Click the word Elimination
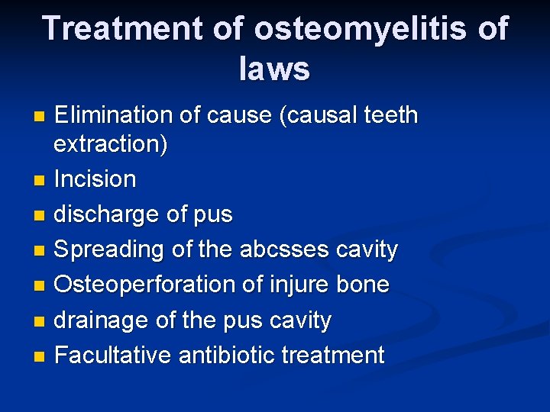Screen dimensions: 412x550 pos(114,115)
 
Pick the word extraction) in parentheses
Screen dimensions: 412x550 pos(112,144)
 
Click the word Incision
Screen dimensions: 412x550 pos(95,180)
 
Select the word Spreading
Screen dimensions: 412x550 pos(109,250)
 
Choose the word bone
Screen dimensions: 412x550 pos(362,285)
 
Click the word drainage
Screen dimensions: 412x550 pos(103,320)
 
